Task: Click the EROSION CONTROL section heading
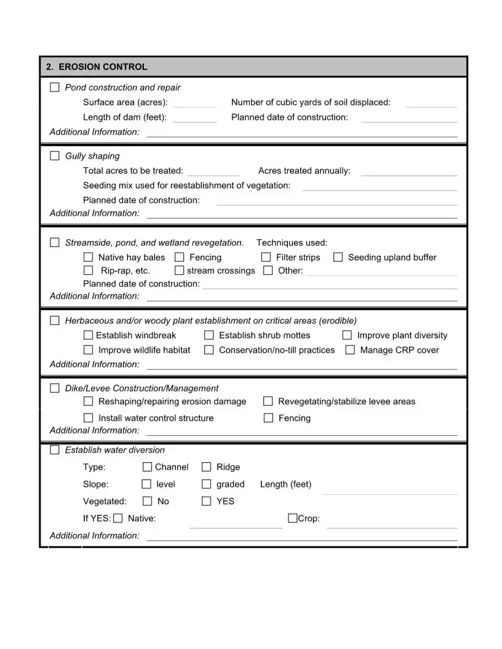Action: click(97, 67)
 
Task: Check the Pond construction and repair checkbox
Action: click(55, 87)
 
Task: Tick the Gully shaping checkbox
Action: click(55, 155)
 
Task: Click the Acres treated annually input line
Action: click(408, 171)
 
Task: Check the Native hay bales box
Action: click(89, 257)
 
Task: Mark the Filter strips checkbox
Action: click(266, 257)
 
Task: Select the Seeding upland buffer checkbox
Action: click(338, 257)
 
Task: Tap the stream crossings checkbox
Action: click(180, 270)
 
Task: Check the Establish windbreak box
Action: click(89, 335)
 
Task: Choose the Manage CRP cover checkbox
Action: click(350, 350)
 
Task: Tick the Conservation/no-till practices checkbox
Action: click(209, 350)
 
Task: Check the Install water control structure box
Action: click(89, 418)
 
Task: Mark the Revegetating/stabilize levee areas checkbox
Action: click(268, 401)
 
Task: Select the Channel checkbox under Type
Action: click(148, 467)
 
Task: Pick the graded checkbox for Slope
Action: click(207, 484)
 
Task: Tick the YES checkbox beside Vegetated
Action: click(207, 501)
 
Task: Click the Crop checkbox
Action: click(292, 518)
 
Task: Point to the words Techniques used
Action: click(292, 243)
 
